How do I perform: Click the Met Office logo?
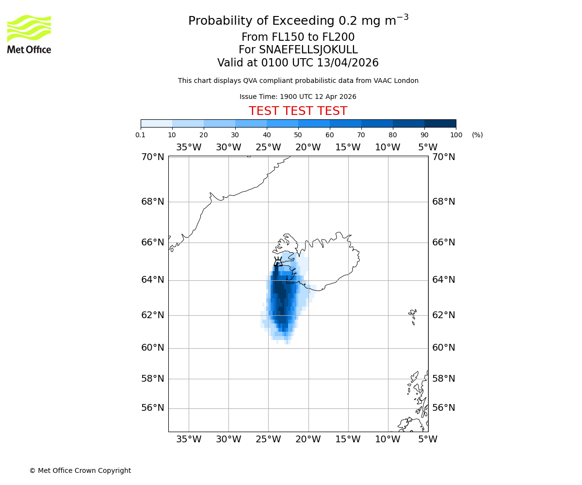(x=29, y=34)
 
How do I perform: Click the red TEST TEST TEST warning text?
(x=298, y=111)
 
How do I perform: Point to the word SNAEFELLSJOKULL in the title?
(x=308, y=50)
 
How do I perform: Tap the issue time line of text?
(x=298, y=97)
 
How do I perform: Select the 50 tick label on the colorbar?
(x=298, y=135)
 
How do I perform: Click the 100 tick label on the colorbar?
(x=456, y=135)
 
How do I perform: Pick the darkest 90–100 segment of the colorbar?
(x=440, y=123)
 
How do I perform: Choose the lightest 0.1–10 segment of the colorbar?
(x=156, y=123)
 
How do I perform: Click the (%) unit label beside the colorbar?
(x=477, y=135)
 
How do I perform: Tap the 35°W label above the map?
(x=188, y=147)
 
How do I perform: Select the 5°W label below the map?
(x=427, y=439)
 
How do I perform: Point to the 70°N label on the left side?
(x=153, y=157)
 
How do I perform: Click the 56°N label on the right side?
(x=443, y=408)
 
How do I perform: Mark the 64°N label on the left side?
(x=153, y=280)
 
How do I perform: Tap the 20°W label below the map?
(x=308, y=439)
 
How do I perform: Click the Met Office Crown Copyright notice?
(x=80, y=470)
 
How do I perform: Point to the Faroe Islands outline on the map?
(x=413, y=316)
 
